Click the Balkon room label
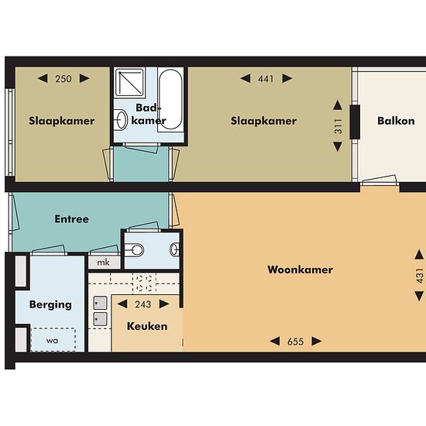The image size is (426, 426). point(396,121)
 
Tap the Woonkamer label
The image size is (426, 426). point(301,270)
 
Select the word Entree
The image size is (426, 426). point(72,219)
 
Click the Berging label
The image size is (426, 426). point(50,305)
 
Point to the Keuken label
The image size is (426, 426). point(147,326)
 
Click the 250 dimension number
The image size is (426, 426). point(64,79)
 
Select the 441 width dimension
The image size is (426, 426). point(266,79)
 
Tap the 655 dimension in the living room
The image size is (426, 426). point(295,342)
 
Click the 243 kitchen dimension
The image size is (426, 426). point(143,304)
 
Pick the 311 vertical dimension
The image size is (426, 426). point(338,126)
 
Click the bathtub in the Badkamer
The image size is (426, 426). point(170,99)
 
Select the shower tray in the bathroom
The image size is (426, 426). point(129,83)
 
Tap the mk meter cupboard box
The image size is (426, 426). point(104,263)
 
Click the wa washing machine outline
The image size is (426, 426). point(53,339)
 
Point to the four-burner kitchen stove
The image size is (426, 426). point(144,283)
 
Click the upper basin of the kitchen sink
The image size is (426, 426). point(100,303)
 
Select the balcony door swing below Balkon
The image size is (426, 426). point(379,180)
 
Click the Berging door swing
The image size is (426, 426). point(49,250)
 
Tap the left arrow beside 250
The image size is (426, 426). point(43,78)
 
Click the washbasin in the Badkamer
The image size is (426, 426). point(121,119)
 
